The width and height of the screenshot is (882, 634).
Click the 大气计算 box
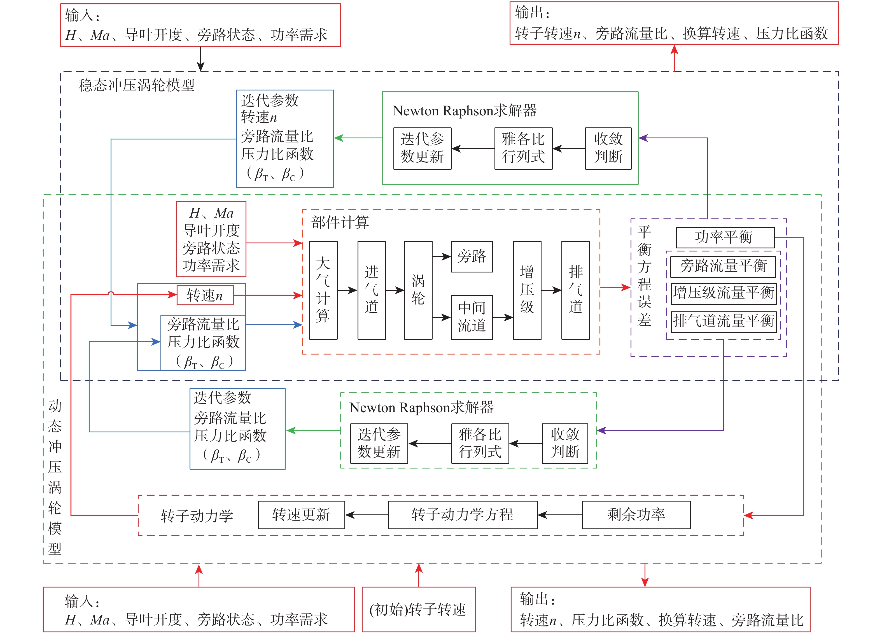click(323, 290)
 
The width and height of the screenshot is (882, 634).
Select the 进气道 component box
click(371, 290)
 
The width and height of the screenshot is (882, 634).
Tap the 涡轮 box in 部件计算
click(418, 290)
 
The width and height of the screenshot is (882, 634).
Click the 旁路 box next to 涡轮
click(472, 256)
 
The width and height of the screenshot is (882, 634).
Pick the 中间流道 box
click(472, 317)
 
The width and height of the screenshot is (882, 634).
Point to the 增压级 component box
click(527, 290)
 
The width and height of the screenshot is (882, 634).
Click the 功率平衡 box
click(725, 237)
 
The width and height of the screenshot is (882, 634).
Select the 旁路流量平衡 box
click(723, 266)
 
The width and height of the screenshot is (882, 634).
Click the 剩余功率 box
click(636, 515)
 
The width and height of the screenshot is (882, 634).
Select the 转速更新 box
click(301, 515)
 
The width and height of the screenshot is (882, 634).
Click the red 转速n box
click(205, 295)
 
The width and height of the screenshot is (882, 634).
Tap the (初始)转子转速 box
click(418, 609)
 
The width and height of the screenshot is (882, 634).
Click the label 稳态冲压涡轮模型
click(137, 85)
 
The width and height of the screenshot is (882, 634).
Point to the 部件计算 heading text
click(340, 222)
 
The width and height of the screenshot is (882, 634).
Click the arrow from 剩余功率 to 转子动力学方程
click(560, 515)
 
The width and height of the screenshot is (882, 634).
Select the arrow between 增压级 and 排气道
click(551, 290)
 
